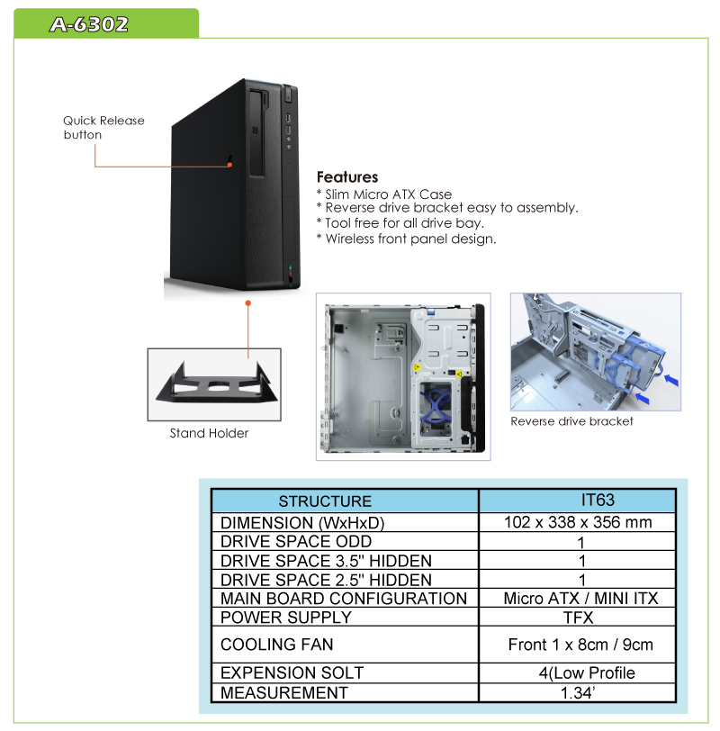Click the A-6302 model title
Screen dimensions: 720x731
(89, 24)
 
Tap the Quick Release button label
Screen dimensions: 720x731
(103, 128)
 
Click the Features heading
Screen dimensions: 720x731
(347, 177)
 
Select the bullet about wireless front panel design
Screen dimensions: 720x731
(407, 239)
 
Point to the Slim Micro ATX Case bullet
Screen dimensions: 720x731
(384, 194)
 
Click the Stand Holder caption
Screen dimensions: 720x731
(209, 433)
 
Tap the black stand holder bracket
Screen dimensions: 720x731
(216, 384)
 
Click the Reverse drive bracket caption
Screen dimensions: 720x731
(571, 421)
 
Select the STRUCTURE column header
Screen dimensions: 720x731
(325, 501)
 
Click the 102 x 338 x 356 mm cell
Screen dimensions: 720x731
(578, 522)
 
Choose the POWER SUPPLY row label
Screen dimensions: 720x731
(285, 618)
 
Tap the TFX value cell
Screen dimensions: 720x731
(578, 618)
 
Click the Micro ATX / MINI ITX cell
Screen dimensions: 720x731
(580, 598)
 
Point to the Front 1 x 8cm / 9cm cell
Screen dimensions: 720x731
(580, 645)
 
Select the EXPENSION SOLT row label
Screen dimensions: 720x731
(292, 672)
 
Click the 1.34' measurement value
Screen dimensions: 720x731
(578, 693)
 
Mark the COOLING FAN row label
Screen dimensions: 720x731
(277, 645)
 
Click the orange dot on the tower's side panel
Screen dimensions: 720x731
(229, 164)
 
